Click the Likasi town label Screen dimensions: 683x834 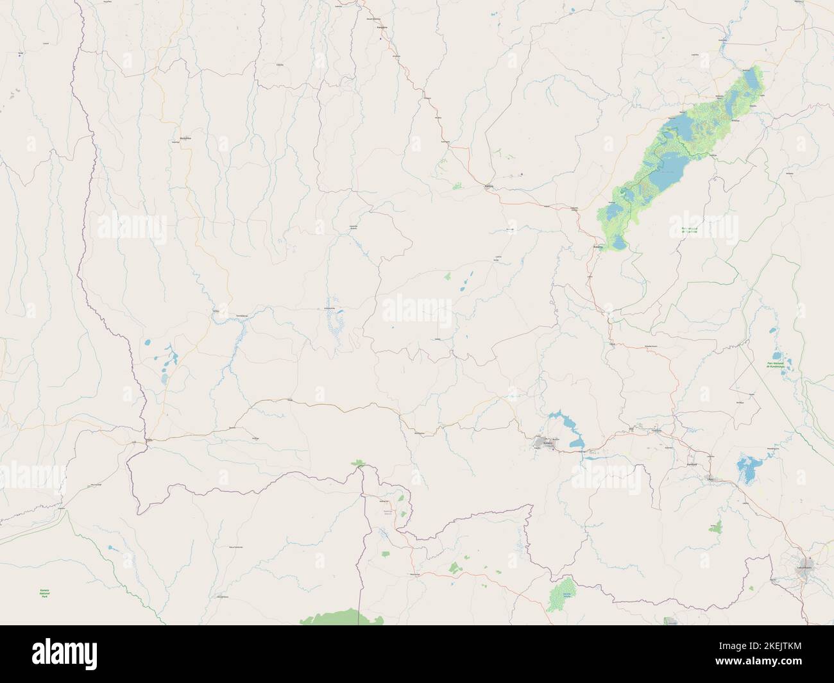pos(710,478)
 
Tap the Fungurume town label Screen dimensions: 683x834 pos(655,431)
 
